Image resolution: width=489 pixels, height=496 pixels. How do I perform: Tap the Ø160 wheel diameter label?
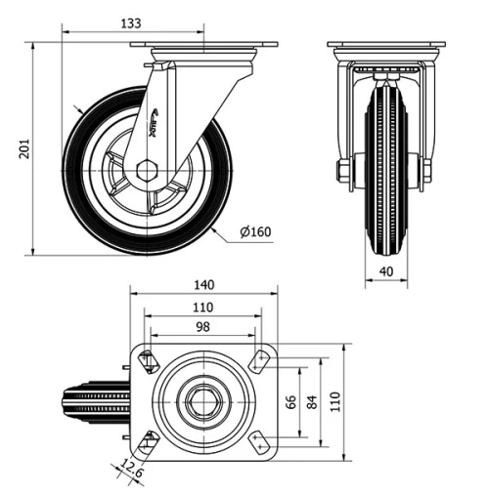point(255,231)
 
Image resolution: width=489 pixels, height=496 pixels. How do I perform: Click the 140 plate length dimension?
point(203,285)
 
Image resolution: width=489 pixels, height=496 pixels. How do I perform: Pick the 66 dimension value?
point(289,402)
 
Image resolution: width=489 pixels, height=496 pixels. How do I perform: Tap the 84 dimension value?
point(312,402)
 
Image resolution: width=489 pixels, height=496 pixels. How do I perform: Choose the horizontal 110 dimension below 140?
point(203,307)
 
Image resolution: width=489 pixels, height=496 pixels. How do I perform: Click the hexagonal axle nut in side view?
point(146,169)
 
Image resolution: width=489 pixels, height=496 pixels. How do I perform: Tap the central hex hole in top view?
point(202,402)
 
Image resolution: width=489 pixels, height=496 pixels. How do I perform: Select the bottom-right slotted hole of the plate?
point(260,443)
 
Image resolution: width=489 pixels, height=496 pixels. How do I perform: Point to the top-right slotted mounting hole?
point(260,361)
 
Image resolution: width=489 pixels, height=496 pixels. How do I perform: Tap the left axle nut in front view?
point(345,173)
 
